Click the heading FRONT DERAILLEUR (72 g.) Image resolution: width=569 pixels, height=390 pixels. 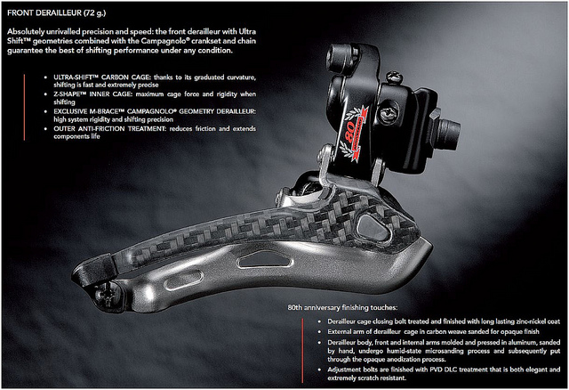[x=57, y=13]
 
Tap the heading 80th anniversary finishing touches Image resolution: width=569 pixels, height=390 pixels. [x=342, y=307]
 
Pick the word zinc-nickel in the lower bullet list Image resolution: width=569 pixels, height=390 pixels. [x=529, y=321]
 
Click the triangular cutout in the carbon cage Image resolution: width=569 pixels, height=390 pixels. [x=373, y=228]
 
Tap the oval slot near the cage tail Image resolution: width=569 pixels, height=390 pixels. [x=183, y=280]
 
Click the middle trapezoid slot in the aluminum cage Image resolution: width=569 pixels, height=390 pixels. [x=264, y=259]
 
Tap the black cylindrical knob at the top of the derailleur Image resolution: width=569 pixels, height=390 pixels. [x=343, y=56]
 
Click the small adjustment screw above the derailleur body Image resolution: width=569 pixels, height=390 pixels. [x=394, y=77]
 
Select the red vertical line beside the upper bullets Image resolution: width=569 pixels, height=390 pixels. [x=24, y=107]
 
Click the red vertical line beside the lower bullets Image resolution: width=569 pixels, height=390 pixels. [x=302, y=351]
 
